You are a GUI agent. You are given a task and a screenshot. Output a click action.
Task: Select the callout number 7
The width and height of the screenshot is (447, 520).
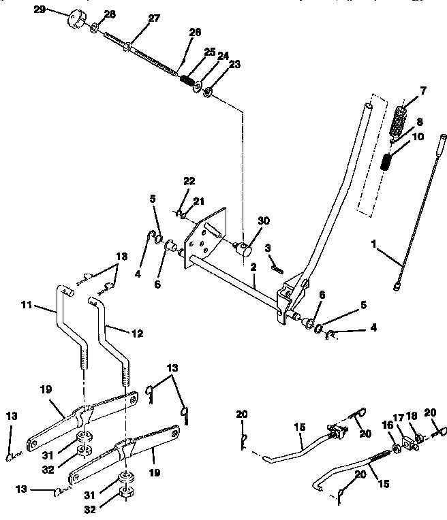click(x=423, y=91)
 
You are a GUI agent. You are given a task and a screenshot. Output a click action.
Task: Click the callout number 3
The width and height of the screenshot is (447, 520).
click(x=269, y=247)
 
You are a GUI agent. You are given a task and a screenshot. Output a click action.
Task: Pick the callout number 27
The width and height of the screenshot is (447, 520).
click(x=154, y=18)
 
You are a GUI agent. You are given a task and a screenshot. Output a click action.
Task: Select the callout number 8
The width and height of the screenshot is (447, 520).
click(x=419, y=123)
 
